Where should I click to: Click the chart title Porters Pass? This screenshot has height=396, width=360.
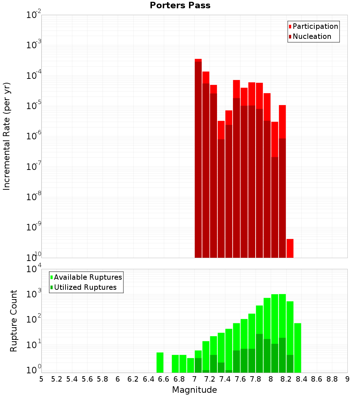180,5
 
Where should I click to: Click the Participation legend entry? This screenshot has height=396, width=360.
315,26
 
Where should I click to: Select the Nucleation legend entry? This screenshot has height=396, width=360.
311,36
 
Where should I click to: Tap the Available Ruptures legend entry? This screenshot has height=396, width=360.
87,277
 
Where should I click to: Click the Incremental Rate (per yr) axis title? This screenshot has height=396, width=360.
7,136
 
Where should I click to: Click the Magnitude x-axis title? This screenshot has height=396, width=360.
194,390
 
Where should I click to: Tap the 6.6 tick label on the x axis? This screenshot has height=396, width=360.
164,379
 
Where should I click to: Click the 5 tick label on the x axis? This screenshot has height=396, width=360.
41,379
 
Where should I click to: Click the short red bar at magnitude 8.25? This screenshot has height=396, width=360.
290,248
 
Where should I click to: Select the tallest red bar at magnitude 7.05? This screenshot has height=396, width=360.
198,158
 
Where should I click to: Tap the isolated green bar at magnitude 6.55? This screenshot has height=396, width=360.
160,363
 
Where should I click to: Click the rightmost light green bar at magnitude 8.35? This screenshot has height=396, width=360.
297,348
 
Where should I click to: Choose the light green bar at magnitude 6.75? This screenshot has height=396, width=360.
175,364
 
